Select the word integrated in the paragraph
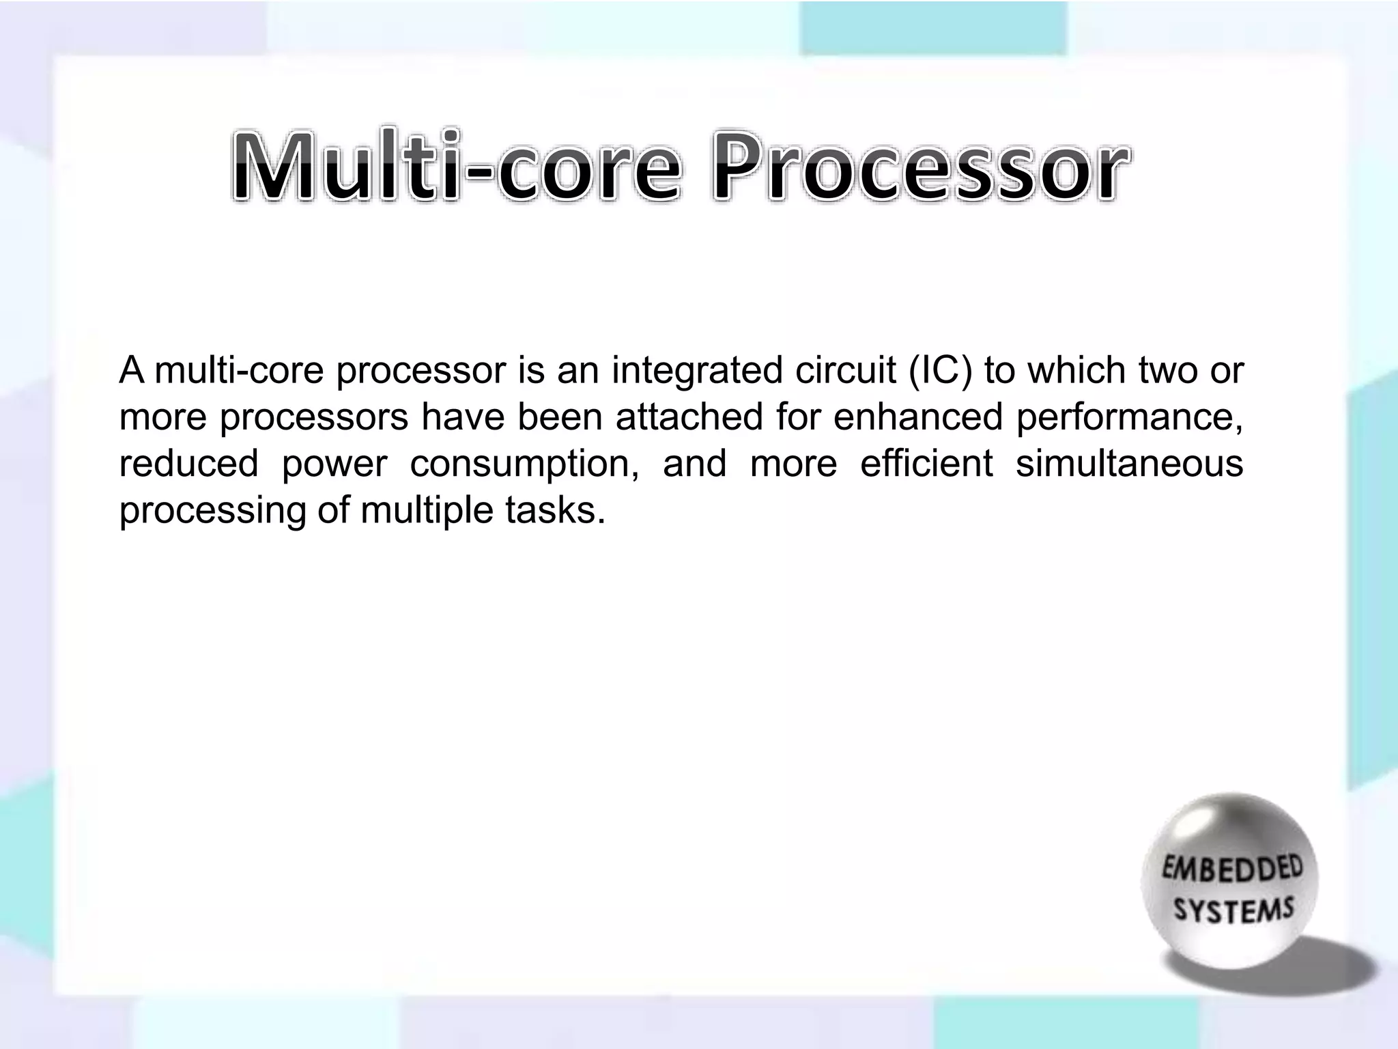coord(697,371)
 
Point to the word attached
coord(689,417)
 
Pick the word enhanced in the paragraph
coord(918,417)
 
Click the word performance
coord(1130,417)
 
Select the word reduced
coord(188,464)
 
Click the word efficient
coord(926,464)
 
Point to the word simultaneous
coord(1130,464)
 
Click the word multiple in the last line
coord(427,510)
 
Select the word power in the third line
coord(334,464)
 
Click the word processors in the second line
coord(314,417)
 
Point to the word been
coord(560,417)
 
